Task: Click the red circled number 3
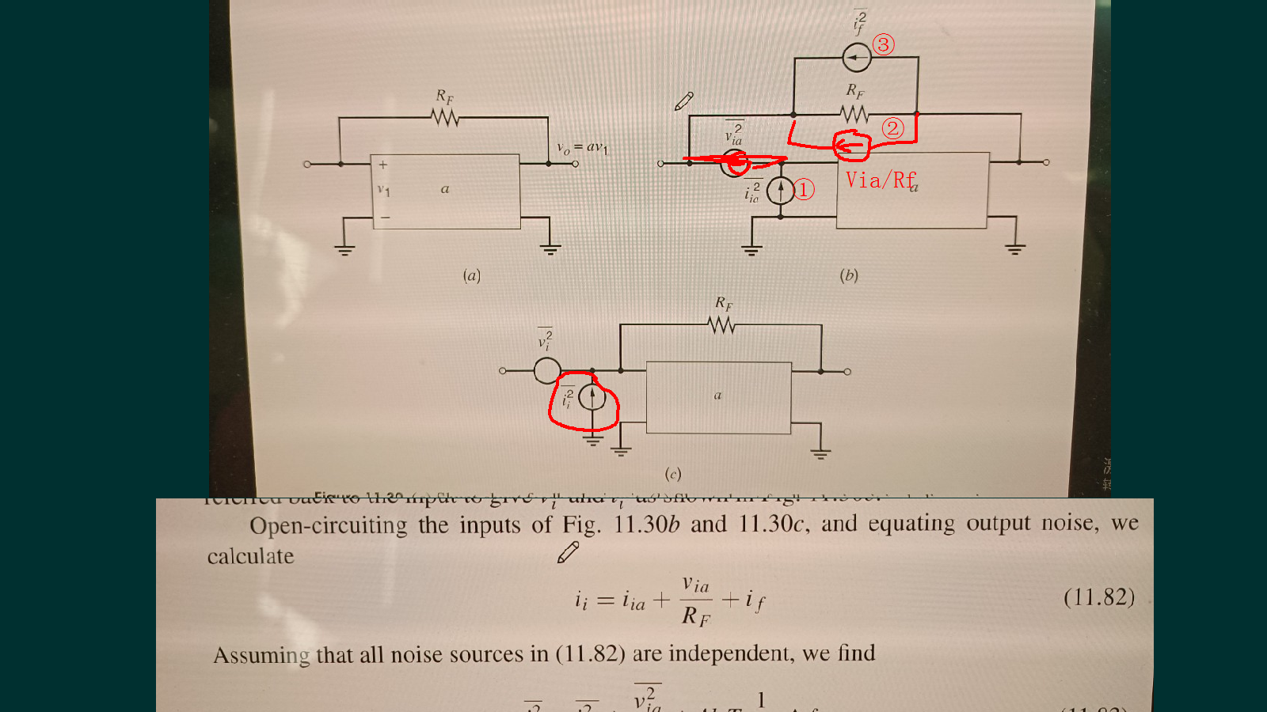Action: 884,44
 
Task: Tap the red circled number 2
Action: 892,128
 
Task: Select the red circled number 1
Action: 804,189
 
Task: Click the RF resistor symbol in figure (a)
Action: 446,118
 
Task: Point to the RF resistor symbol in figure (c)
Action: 721,324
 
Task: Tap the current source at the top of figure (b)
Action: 856,57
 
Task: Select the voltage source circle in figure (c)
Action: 547,370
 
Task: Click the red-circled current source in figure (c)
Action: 592,397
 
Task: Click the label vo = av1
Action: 582,148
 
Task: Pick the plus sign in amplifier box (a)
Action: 383,165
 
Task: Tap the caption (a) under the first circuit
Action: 472,275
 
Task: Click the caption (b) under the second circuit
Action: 849,275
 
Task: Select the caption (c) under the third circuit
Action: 672,474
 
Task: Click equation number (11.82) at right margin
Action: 1098,596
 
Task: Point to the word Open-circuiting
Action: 328,526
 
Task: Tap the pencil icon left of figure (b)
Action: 684,101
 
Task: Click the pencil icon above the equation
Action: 568,552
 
